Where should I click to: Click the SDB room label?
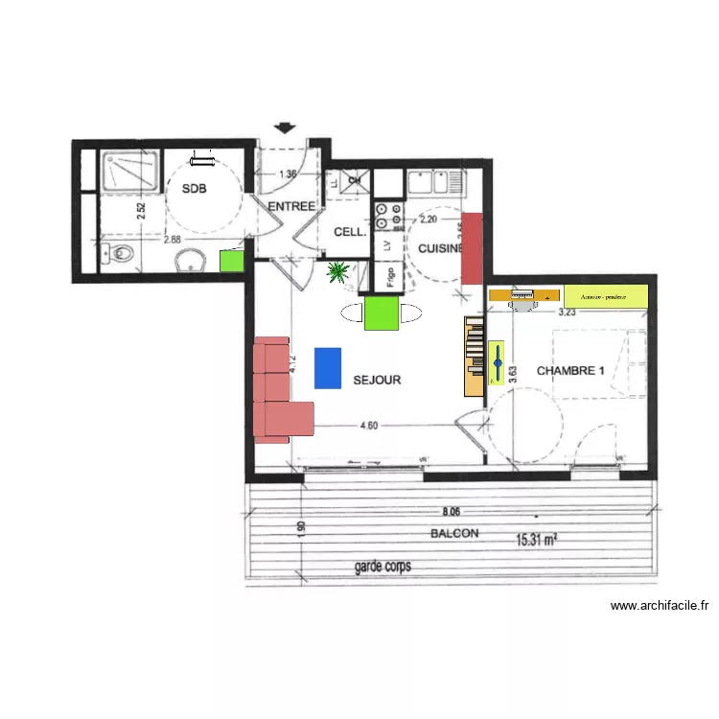[195, 189]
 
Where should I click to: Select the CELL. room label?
[349, 232]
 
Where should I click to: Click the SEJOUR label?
[377, 380]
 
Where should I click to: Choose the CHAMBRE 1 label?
[570, 370]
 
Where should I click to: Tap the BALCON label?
[454, 534]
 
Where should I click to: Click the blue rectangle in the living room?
[328, 367]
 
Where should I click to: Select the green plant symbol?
[337, 273]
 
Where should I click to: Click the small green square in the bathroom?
[230, 261]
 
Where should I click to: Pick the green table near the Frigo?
[382, 313]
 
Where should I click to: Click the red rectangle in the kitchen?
[472, 247]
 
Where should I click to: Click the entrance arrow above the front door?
[285, 128]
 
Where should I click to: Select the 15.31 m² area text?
[537, 541]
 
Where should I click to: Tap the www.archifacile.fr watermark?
[660, 605]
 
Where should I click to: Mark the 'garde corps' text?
[383, 567]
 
